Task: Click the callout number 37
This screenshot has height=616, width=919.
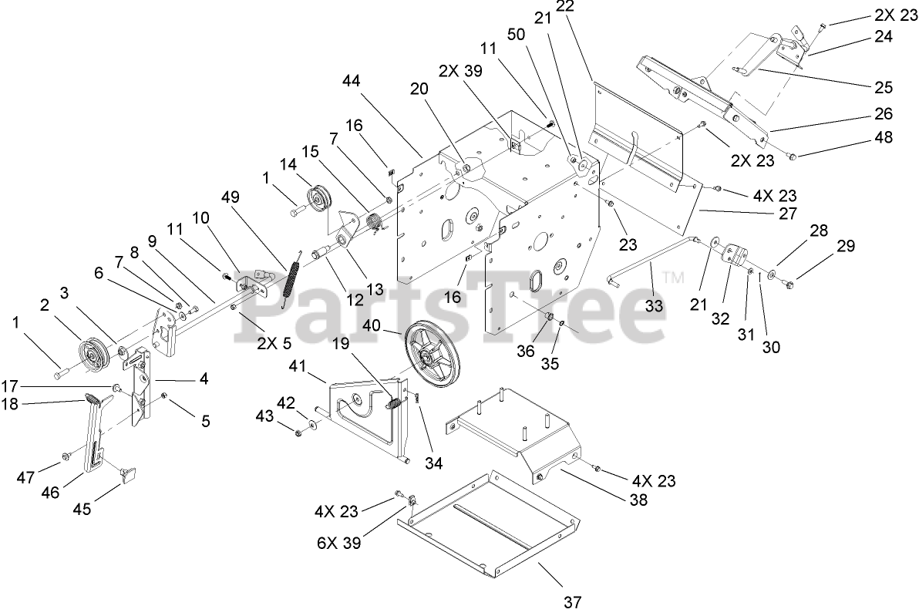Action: pos(571,601)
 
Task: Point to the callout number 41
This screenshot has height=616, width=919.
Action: pos(299,366)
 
